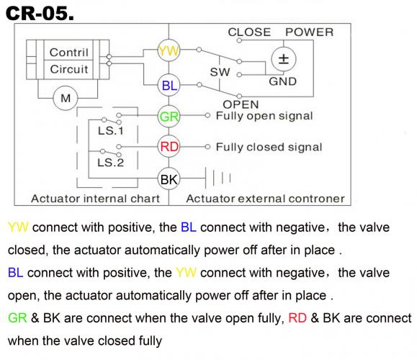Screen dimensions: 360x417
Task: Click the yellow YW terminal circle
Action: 169,51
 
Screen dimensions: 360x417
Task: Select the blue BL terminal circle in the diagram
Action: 169,86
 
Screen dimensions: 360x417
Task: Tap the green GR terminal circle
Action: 169,116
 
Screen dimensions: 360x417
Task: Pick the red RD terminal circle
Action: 169,147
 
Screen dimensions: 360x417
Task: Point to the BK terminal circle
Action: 169,177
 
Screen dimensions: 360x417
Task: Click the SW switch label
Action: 220,73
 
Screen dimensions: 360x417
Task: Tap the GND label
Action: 283,81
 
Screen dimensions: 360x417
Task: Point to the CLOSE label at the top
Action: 249,32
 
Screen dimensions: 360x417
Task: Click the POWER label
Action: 310,32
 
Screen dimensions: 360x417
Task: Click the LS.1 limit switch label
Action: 110,132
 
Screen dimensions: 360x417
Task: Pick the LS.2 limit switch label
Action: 110,163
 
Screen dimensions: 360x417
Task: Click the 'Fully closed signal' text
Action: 269,147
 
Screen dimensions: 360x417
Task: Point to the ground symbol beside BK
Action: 220,177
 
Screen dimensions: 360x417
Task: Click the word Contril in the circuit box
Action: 68,53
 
